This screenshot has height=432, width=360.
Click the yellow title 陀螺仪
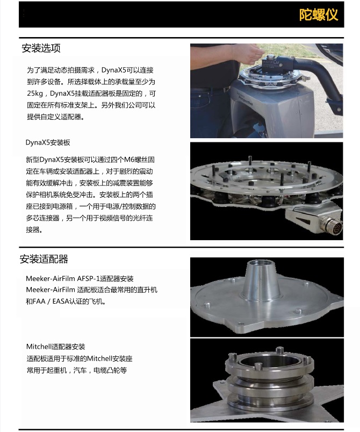click(x=319, y=15)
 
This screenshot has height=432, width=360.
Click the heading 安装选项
click(x=41, y=48)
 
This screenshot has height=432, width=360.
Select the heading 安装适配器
click(x=44, y=259)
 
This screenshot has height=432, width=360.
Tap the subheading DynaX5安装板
click(x=48, y=142)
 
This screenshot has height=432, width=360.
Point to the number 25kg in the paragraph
click(x=35, y=93)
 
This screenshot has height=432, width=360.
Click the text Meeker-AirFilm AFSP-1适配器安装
click(x=80, y=278)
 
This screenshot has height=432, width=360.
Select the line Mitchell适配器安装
click(x=56, y=347)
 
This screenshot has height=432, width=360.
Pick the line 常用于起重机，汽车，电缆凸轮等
click(x=77, y=370)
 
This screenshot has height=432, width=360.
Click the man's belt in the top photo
click(x=210, y=89)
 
